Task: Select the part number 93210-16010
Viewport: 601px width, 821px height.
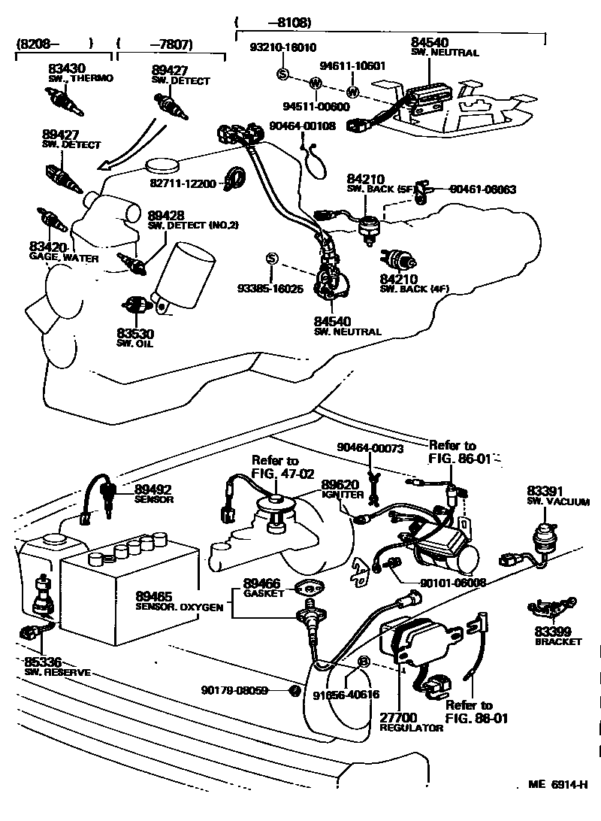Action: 284,47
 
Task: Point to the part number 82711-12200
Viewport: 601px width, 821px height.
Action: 183,183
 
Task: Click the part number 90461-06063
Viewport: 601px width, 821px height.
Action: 482,190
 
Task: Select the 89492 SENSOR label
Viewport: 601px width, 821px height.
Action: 154,493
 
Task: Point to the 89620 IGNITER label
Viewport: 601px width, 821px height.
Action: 342,489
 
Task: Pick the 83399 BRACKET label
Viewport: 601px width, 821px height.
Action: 557,636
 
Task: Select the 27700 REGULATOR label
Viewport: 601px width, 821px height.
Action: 410,723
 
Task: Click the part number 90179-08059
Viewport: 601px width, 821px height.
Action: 234,690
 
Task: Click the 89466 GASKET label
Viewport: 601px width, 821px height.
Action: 264,588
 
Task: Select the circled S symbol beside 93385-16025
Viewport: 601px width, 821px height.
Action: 273,259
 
